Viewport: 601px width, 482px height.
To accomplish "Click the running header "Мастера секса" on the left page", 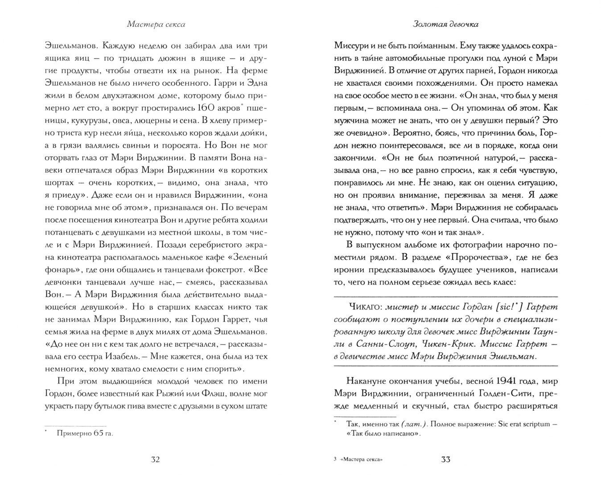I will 156,25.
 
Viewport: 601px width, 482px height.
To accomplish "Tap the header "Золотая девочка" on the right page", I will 445,25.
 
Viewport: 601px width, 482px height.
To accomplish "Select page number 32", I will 155,460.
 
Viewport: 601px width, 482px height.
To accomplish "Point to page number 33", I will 445,460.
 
